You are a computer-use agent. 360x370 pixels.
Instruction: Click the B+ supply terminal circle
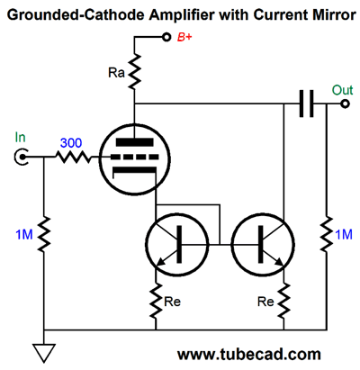coord(166,37)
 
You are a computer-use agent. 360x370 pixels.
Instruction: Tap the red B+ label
coord(184,37)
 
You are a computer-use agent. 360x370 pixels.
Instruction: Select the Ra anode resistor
coord(134,71)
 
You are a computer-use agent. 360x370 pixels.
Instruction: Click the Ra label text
coord(116,72)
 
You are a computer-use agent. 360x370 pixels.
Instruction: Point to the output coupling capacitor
coord(306,104)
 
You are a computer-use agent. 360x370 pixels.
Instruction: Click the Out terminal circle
coord(345,104)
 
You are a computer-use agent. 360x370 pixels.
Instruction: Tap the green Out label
coord(342,90)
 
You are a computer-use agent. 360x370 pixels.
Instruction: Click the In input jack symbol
coord(21,157)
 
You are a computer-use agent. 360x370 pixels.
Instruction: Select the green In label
coord(20,138)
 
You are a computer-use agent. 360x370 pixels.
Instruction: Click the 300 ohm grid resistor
coord(73,157)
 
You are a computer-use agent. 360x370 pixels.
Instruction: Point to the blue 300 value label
coord(71,143)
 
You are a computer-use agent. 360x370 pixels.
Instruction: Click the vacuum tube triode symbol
coord(134,159)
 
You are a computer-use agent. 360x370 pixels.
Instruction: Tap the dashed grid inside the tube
coord(134,157)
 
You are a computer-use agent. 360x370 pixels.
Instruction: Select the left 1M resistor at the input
coord(44,234)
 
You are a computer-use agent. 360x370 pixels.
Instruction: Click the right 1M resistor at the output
coord(327,234)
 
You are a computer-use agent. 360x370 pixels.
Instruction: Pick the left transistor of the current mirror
coord(176,244)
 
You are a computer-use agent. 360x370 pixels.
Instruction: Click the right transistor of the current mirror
coord(263,244)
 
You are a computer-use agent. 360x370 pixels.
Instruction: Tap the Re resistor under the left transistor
coord(156,301)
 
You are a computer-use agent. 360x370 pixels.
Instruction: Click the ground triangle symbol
coord(44,353)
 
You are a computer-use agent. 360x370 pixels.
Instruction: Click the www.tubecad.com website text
coord(249,355)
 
